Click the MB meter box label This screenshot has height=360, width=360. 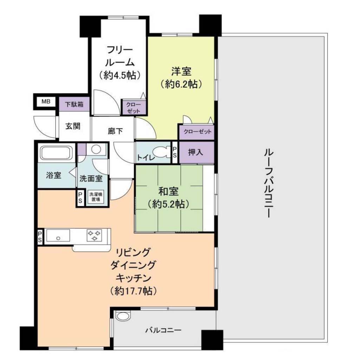click(x=46, y=101)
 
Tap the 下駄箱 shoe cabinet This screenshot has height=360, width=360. click(x=74, y=104)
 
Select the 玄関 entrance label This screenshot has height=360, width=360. click(x=73, y=126)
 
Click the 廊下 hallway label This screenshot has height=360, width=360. click(x=115, y=131)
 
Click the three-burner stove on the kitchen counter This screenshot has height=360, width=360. click(x=94, y=235)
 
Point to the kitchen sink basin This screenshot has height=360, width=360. click(x=58, y=236)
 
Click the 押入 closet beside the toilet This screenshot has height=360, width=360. click(x=196, y=152)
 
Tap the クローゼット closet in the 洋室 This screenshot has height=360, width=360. click(x=197, y=132)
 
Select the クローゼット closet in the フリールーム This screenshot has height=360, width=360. click(x=134, y=107)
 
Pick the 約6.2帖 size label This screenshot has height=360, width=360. click(x=181, y=84)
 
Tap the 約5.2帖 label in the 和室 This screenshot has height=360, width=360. click(x=169, y=204)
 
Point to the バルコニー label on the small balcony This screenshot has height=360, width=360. click(x=163, y=330)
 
